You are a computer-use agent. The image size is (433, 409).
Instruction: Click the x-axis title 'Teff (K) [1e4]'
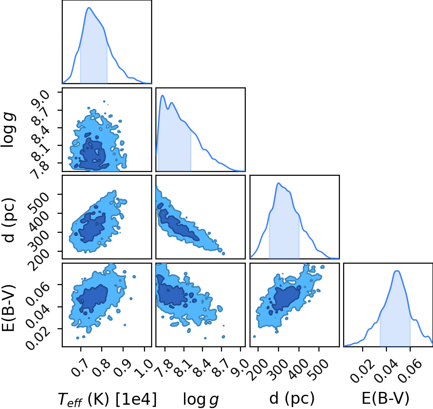click(x=107, y=399)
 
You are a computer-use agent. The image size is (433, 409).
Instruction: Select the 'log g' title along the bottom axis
click(x=201, y=399)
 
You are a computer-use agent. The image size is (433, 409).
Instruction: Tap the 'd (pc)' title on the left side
click(x=9, y=220)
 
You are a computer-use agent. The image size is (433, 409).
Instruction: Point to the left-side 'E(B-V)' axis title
click(x=9, y=307)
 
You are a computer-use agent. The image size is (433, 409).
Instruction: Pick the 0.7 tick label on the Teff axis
click(x=80, y=367)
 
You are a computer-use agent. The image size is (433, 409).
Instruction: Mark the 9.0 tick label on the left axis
click(x=41, y=99)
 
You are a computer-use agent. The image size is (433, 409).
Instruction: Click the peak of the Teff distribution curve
click(x=89, y=8)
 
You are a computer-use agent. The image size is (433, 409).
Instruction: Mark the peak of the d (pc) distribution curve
click(x=279, y=183)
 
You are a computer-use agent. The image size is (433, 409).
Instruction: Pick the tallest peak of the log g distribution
click(x=163, y=95)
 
